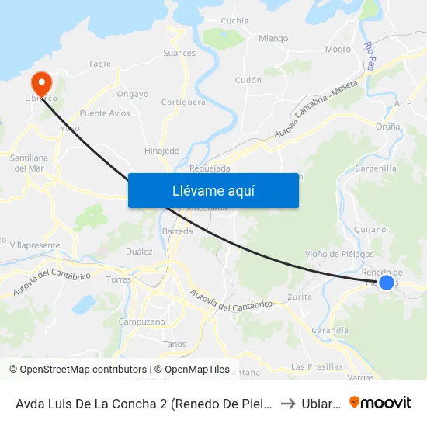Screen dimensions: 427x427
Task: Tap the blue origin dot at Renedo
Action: (386, 282)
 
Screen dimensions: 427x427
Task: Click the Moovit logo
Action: (380, 402)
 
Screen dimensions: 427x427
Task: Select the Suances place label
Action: (179, 54)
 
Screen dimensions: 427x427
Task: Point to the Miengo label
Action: (273, 39)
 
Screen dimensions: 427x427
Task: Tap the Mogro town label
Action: (338, 50)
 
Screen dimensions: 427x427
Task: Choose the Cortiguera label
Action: (183, 102)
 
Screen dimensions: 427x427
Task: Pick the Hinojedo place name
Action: (161, 151)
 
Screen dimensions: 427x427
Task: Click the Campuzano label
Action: (142, 321)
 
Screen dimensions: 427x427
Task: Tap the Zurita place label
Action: (300, 297)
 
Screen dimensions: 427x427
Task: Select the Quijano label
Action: (369, 229)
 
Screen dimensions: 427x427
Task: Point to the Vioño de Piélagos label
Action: (338, 254)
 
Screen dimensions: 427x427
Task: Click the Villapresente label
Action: (35, 245)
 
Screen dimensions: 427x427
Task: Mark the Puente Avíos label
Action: (105, 113)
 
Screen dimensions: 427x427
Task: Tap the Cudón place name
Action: (248, 80)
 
